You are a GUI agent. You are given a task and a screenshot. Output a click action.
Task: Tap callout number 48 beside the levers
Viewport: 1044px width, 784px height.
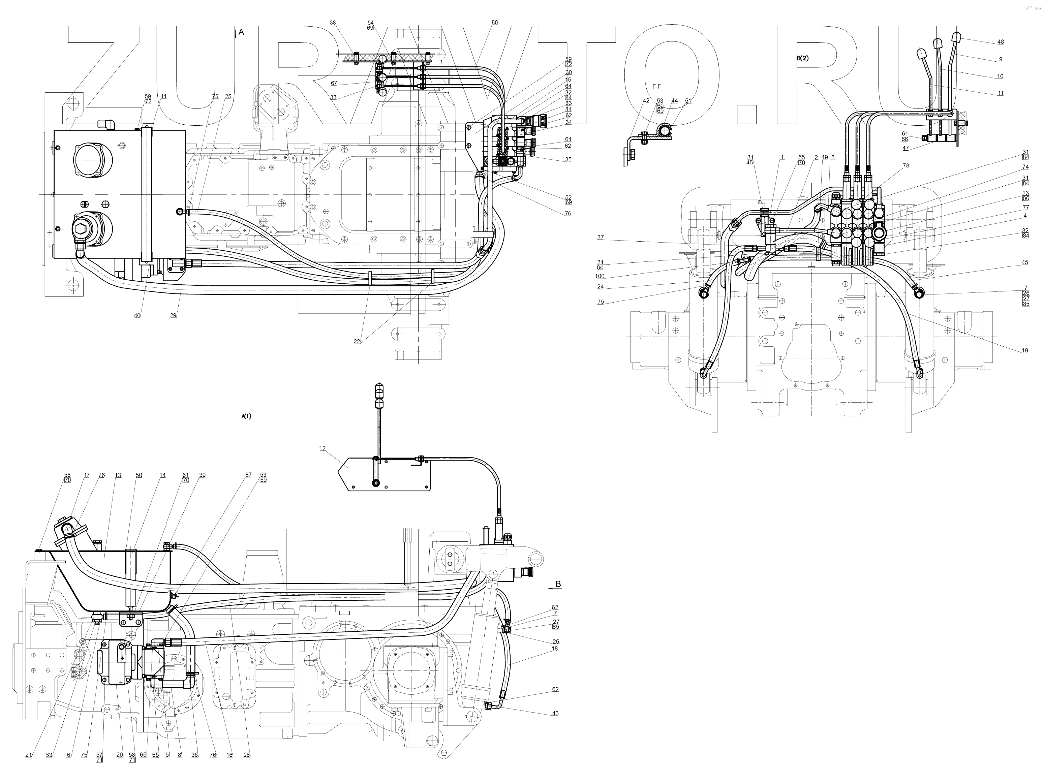pos(1001,42)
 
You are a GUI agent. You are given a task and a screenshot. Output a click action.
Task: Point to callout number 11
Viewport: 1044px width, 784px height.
pos(1001,93)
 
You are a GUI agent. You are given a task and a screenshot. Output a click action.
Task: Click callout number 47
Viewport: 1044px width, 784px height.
pos(905,148)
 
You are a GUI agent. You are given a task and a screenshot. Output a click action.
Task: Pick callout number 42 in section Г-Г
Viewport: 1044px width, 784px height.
pos(646,100)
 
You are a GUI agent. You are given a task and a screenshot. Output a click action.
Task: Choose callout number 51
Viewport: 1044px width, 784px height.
pos(688,100)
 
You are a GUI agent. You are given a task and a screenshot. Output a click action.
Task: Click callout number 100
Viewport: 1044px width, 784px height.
pos(600,277)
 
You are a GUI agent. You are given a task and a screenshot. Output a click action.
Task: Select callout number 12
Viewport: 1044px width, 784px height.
pos(323,448)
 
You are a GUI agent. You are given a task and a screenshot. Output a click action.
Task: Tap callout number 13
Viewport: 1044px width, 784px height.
pos(118,475)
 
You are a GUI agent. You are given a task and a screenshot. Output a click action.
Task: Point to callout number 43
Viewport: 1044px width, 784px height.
pos(555,713)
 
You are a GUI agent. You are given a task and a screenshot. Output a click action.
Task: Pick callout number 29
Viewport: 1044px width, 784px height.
pos(173,315)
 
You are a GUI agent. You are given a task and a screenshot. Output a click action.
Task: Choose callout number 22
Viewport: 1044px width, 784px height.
pos(357,342)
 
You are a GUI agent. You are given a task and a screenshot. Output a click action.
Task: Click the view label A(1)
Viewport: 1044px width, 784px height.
pos(246,416)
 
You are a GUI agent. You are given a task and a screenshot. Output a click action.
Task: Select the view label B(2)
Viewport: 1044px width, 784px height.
pos(802,59)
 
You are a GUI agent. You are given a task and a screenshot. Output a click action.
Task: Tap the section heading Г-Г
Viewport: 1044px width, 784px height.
pos(656,87)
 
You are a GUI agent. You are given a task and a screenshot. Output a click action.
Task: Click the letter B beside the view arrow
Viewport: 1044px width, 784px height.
pos(558,584)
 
